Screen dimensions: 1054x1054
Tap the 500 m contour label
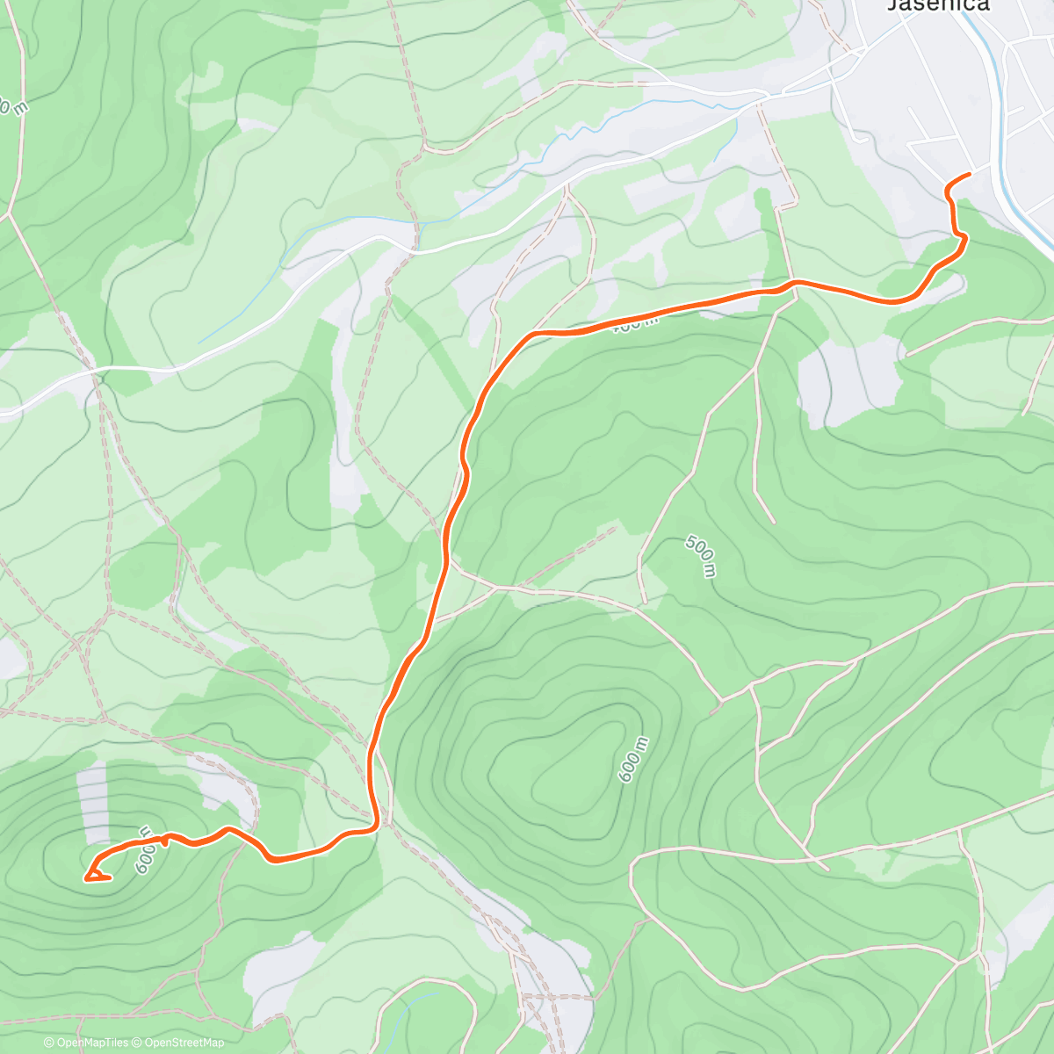[x=700, y=556]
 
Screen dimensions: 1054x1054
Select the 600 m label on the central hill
[x=633, y=760]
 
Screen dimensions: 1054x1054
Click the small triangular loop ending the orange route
[x=96, y=873]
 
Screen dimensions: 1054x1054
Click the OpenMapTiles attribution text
[x=91, y=1043]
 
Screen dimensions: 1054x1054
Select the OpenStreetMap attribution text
[x=184, y=1043]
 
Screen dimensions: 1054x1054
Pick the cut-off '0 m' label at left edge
[x=12, y=106]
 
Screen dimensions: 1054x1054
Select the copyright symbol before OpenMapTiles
[x=49, y=1043]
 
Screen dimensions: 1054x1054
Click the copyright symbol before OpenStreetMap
[x=138, y=1043]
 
